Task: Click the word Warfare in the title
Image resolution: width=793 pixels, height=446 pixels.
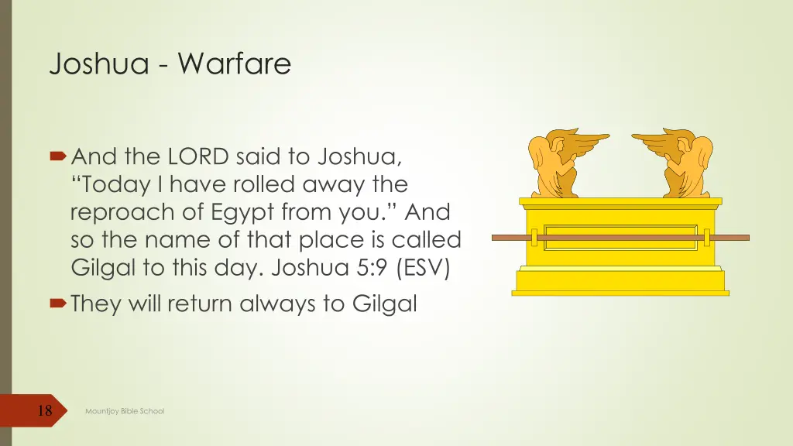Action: [234, 63]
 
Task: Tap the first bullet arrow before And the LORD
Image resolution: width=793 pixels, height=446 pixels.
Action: [59, 157]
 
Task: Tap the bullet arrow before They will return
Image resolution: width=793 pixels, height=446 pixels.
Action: [59, 304]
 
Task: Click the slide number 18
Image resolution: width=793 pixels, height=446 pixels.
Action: [45, 410]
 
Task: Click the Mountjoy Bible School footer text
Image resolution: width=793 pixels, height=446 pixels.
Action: [125, 411]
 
